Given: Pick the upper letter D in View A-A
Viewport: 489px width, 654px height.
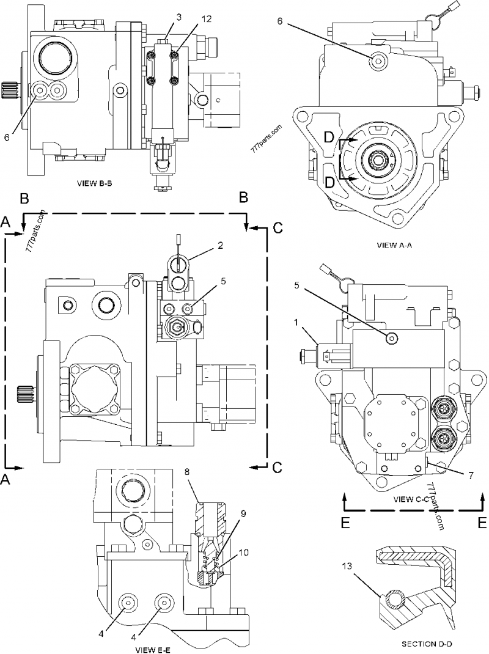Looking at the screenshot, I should click(329, 139).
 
